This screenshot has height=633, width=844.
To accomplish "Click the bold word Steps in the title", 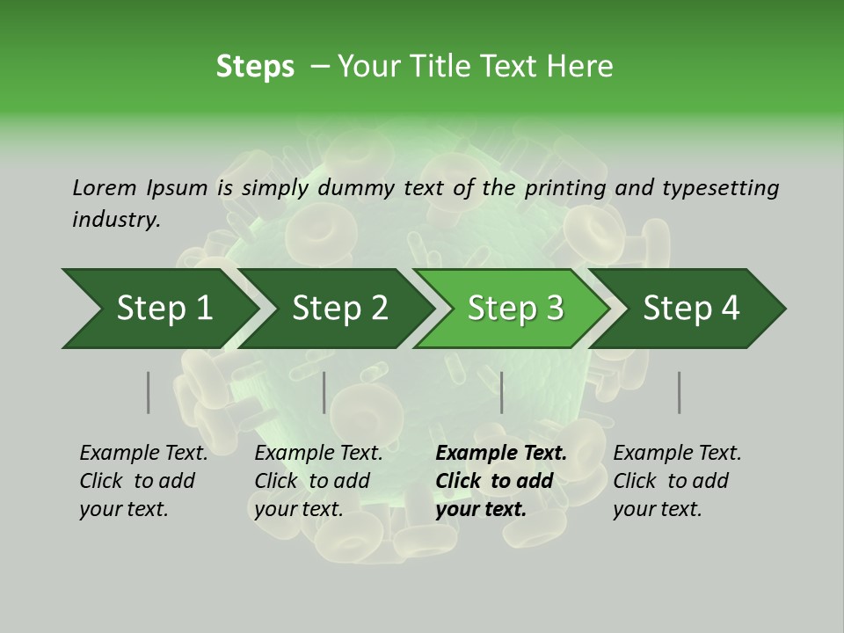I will coord(255,67).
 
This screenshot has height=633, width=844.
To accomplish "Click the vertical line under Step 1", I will coord(149,392).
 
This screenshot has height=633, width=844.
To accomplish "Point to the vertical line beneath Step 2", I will coord(324,392).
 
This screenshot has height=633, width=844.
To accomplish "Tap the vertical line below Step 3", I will coord(502,392).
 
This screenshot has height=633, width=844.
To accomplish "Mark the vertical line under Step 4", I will coord(680,392).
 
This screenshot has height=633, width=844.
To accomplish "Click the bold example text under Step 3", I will coord(501,481).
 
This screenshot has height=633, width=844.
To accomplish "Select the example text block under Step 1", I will coord(143,481).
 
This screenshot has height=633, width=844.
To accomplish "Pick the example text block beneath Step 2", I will coord(318,481).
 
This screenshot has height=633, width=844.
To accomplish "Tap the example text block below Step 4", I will coord(677,481).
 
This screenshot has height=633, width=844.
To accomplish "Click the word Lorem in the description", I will coord(105,187).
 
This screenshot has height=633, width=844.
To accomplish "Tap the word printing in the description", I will coord(563,188).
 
